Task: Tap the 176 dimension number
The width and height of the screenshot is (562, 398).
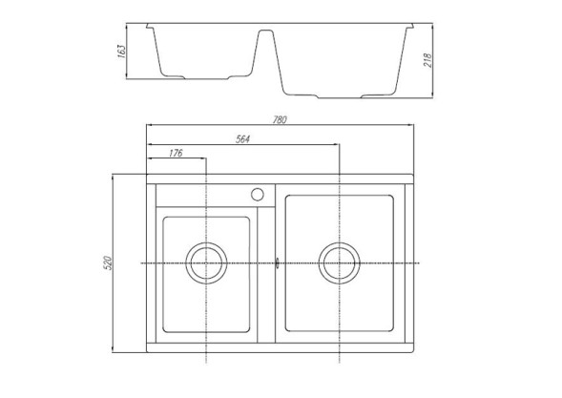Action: click(x=176, y=153)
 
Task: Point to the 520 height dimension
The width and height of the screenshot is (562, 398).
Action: click(x=107, y=262)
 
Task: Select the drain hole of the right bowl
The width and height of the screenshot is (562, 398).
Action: click(x=339, y=262)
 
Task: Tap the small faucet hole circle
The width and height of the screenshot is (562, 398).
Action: click(x=257, y=194)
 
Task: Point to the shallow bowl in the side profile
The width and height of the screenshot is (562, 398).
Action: click(x=204, y=52)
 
